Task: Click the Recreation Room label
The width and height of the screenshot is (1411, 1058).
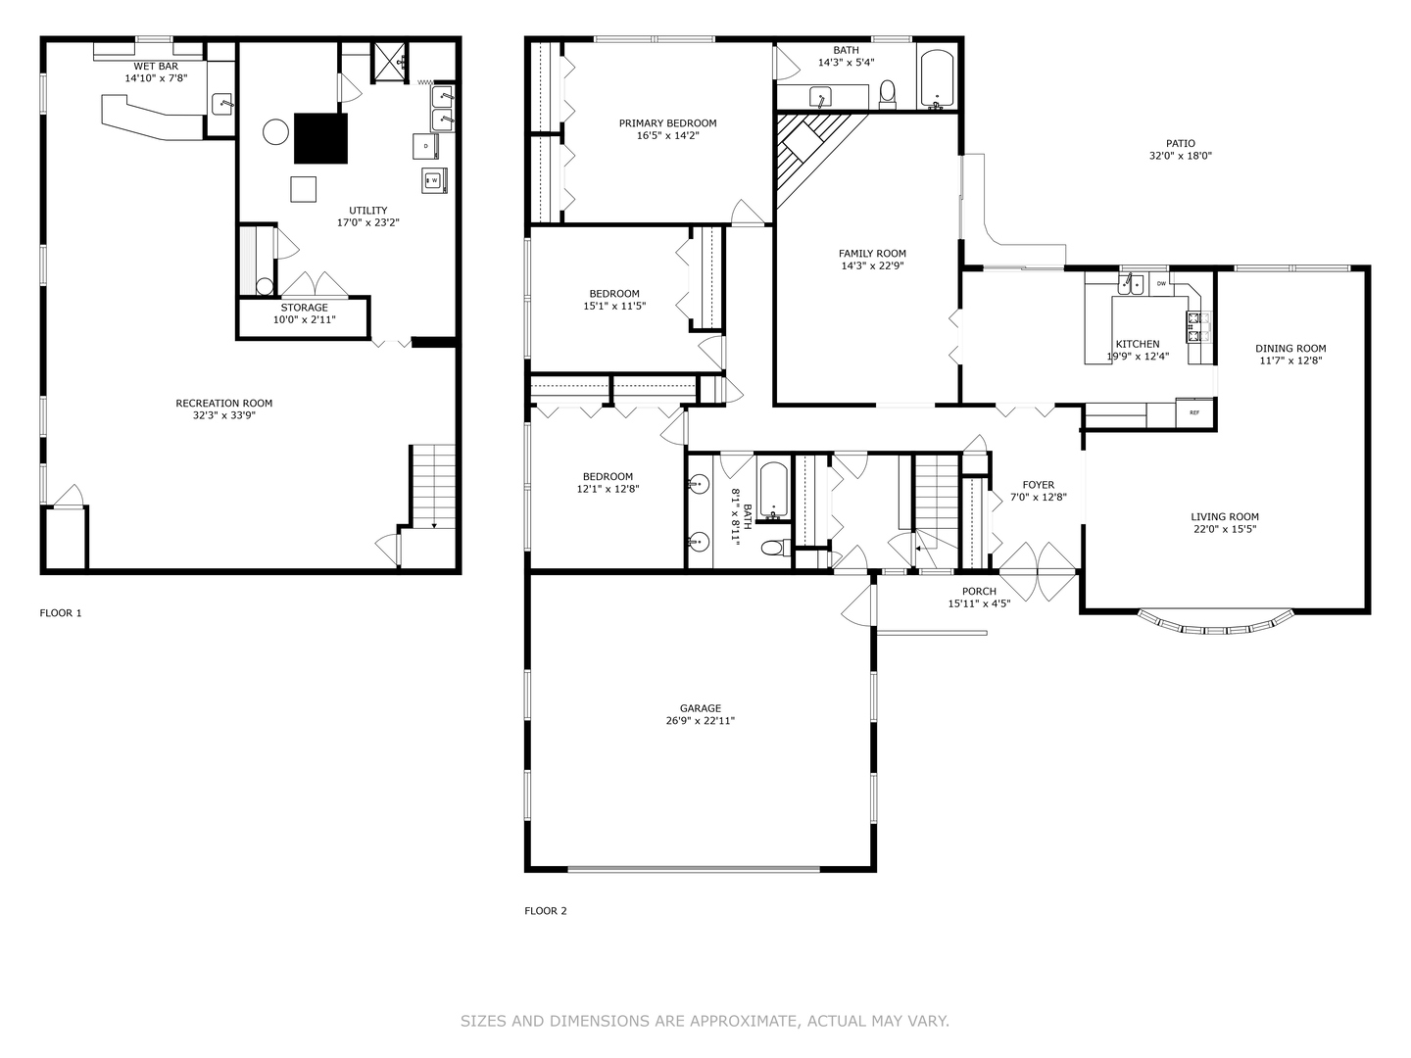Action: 223,403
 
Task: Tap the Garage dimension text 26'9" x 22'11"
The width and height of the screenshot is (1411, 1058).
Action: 701,721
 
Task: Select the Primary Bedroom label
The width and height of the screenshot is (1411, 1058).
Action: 667,123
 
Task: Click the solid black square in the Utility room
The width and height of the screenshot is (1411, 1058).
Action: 321,138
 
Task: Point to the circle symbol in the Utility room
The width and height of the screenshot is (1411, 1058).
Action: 275,131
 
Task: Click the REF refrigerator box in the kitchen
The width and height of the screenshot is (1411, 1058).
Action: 1194,412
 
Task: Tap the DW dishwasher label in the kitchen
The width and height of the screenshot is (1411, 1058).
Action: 1161,284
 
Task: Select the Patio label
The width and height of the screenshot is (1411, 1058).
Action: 1180,143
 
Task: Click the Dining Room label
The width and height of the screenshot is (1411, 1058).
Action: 1290,348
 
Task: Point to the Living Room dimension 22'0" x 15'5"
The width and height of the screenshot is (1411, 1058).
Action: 1225,529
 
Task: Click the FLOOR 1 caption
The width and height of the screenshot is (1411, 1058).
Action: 61,613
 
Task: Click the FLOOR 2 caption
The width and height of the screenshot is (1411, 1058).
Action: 546,911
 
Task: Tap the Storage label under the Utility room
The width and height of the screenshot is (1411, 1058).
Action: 304,308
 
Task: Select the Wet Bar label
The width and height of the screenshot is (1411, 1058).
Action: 156,66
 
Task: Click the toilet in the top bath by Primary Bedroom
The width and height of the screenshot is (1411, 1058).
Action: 888,93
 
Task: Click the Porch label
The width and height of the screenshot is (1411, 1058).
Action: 979,591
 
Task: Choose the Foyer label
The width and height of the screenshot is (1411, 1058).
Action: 1038,485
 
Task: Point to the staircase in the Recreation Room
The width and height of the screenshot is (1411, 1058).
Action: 433,486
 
